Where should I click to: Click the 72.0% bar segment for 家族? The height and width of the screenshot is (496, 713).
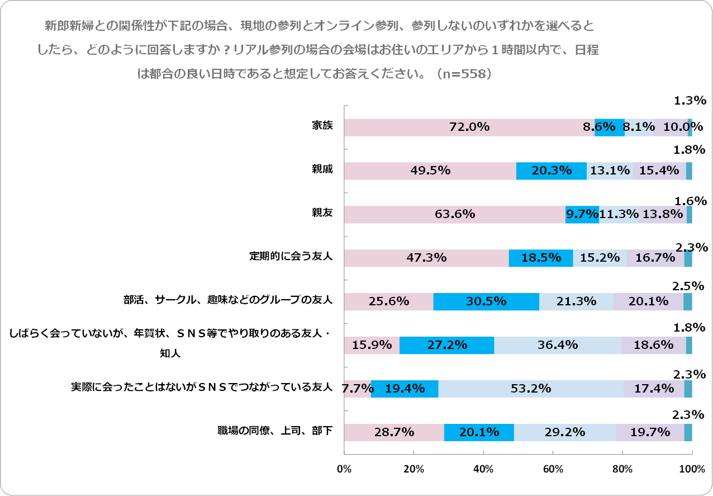click(x=469, y=127)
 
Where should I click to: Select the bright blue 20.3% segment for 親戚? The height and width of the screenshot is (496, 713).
click(x=551, y=171)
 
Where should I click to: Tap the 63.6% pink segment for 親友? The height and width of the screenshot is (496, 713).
click(x=454, y=214)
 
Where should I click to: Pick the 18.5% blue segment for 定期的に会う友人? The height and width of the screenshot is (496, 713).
click(x=540, y=258)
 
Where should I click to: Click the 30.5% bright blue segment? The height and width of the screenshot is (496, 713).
click(x=486, y=301)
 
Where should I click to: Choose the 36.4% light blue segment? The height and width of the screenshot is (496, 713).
click(x=557, y=345)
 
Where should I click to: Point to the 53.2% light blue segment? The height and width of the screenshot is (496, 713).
click(x=530, y=389)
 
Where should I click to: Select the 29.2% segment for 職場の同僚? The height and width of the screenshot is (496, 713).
click(x=564, y=432)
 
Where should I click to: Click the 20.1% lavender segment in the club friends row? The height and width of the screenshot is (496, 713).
click(x=648, y=301)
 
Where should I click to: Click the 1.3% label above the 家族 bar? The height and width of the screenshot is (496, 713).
click(x=690, y=101)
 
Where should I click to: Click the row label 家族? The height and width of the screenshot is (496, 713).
click(x=322, y=125)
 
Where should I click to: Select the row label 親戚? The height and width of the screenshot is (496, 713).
click(x=322, y=169)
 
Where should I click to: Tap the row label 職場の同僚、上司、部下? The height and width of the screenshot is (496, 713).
click(x=275, y=431)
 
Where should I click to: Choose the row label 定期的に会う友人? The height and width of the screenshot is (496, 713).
click(x=291, y=256)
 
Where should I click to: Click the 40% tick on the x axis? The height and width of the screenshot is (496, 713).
click(x=483, y=469)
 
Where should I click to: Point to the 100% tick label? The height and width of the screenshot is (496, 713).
click(x=692, y=469)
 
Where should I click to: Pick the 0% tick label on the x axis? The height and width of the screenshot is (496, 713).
click(x=344, y=469)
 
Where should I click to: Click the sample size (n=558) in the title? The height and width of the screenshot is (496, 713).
click(x=465, y=73)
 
